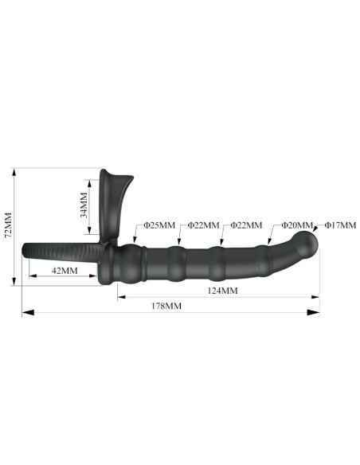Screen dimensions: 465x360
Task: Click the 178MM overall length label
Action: coord(166,306)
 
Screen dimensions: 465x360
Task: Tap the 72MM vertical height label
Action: coord(9,225)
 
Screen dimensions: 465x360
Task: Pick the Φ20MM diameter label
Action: coord(296,225)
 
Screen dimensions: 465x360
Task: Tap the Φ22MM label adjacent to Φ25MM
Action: coord(203,225)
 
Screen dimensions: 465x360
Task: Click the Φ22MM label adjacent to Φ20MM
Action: coord(245,225)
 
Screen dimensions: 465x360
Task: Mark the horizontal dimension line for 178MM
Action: coord(167,314)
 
